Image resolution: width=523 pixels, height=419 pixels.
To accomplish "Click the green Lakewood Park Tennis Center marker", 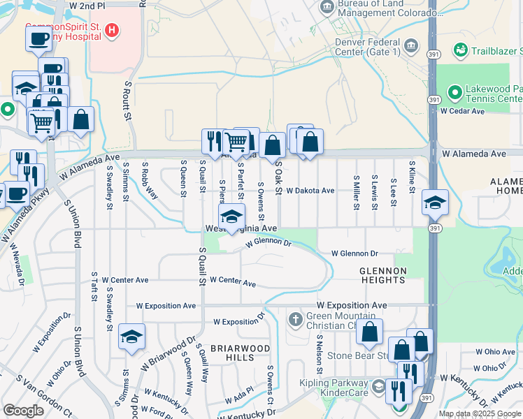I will (x=454, y=91).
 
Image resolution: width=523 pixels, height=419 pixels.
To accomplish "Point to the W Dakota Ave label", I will (x=310, y=190).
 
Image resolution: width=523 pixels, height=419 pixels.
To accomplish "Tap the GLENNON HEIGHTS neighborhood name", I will (x=382, y=275).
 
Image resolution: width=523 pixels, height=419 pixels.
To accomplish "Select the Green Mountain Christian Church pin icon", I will (x=296, y=320).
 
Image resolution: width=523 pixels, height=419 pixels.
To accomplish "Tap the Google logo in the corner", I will (x=23, y=411).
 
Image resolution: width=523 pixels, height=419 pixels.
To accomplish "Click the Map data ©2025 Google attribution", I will (x=480, y=413).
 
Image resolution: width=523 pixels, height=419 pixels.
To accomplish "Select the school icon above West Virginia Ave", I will (x=232, y=216).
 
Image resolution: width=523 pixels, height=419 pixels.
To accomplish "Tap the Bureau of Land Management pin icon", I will (x=327, y=8).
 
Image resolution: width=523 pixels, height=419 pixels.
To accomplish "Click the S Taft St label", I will (x=92, y=286).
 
